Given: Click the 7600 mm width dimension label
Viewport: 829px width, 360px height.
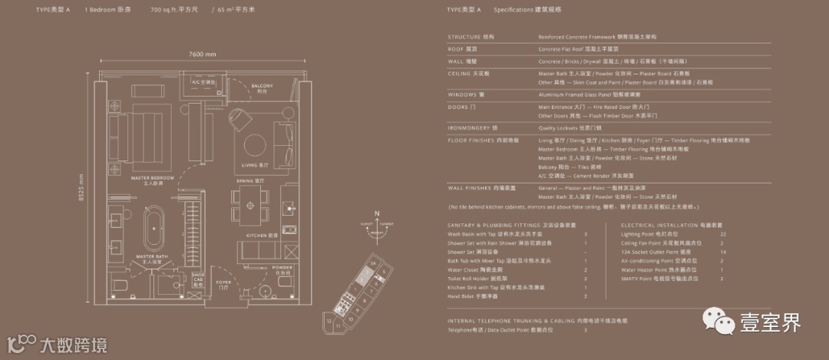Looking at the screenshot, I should click(x=201, y=54).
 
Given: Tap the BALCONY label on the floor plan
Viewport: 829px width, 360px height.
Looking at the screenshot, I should click(x=262, y=87).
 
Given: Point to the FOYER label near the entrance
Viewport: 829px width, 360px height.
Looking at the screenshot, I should click(x=223, y=282).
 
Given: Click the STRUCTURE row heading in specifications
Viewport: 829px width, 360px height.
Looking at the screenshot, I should click(x=464, y=36).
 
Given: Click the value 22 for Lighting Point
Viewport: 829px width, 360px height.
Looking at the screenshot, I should click(x=723, y=233).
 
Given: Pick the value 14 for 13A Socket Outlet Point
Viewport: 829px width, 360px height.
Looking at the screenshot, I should click(x=723, y=252).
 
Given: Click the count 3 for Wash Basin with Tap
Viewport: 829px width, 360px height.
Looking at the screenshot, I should click(x=585, y=233).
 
